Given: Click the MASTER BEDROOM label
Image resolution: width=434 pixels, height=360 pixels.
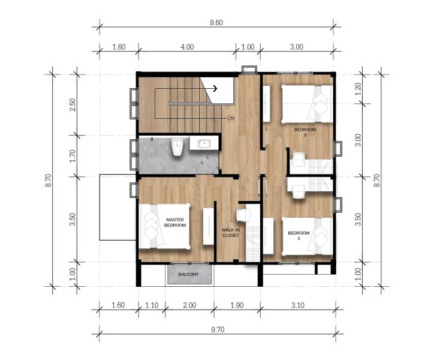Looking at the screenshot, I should [x=176, y=223].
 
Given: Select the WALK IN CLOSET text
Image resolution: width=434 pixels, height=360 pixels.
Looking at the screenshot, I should [x=231, y=232].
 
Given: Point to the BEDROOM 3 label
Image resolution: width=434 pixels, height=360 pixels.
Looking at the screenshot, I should [x=305, y=132].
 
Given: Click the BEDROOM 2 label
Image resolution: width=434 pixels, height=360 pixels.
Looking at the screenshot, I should [x=299, y=235].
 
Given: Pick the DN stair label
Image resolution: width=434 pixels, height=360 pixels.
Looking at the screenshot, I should [x=231, y=118].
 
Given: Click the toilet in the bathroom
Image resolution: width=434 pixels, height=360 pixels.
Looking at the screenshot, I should [x=177, y=148].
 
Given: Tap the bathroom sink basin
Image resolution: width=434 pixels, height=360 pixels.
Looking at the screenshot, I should [x=204, y=143].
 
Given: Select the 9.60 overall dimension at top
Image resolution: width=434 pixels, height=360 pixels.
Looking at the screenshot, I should [x=216, y=22].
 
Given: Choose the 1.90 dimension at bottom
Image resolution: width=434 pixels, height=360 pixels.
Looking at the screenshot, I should [x=237, y=305].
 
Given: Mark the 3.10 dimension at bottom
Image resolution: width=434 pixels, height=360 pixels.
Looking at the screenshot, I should [x=297, y=305].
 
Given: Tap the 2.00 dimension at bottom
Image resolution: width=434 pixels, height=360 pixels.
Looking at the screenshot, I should [x=189, y=305].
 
